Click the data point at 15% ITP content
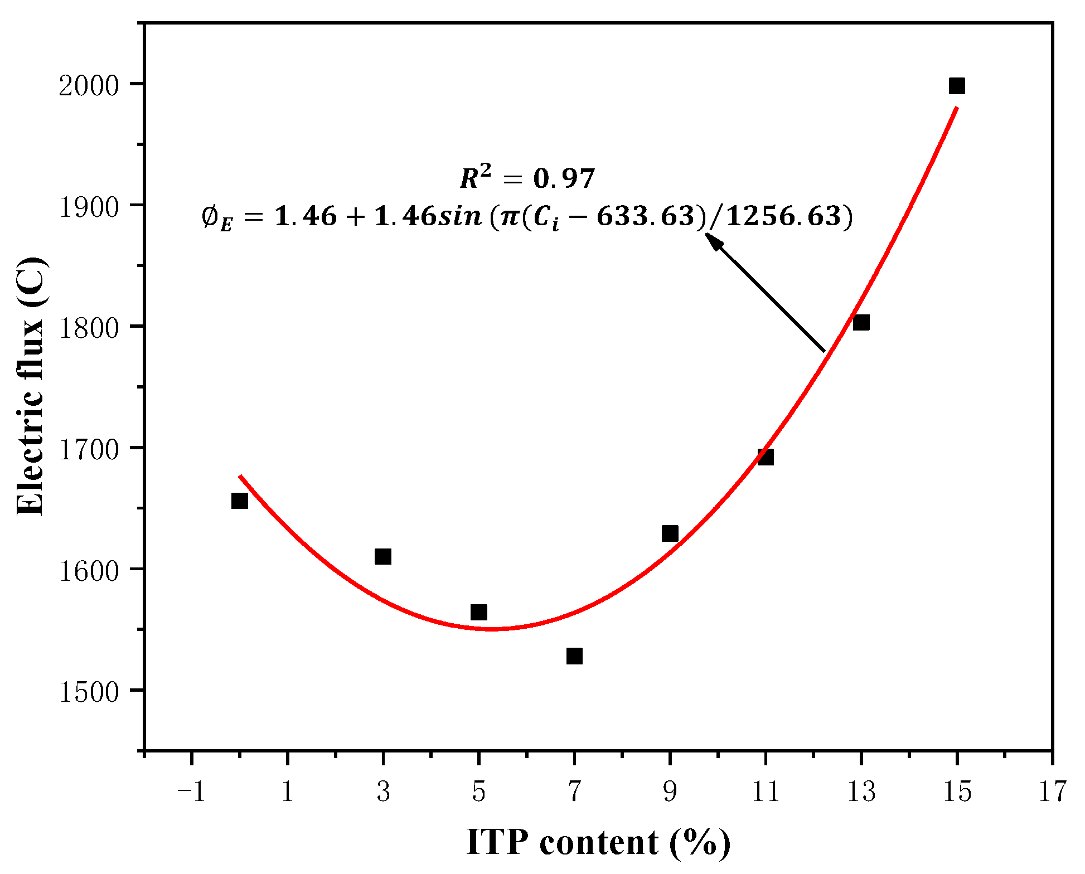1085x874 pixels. pos(957,86)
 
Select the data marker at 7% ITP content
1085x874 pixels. pos(574,656)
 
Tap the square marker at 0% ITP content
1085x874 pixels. pos(239,501)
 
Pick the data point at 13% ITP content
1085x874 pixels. pos(861,323)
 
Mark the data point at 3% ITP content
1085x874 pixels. pos(383,556)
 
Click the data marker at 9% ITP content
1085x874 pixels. pos(670,533)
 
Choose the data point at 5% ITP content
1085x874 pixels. pos(479,613)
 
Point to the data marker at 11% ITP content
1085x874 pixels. pos(766,457)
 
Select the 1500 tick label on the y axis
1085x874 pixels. pos(89,692)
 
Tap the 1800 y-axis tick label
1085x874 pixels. pos(89,328)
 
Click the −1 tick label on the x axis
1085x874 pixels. pos(191,792)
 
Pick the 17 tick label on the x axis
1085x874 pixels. pos(1052,792)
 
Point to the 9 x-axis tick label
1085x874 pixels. pos(670,792)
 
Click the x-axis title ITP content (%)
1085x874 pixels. pos(598,842)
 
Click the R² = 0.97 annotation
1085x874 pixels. pos(527,178)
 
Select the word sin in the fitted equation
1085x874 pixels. pos(461,216)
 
